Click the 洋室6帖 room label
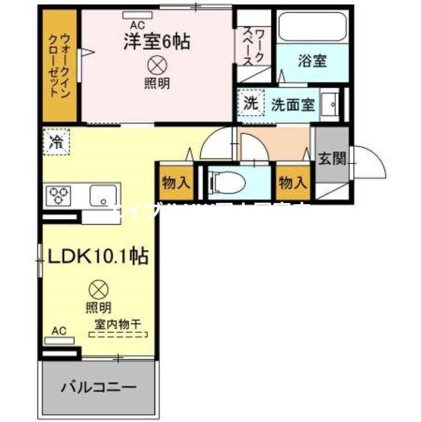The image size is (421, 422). click(x=156, y=42)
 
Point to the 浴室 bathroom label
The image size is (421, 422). click(x=312, y=61)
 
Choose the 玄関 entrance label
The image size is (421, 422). click(x=332, y=158)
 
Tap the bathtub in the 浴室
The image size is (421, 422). click(x=312, y=29)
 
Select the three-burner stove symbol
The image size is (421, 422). click(x=60, y=196)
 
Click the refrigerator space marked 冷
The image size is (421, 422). click(x=56, y=142)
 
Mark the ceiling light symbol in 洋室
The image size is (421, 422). click(x=156, y=65)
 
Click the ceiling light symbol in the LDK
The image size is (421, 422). click(x=98, y=290)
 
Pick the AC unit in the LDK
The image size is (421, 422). click(x=60, y=340)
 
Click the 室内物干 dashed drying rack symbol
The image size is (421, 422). click(x=119, y=334)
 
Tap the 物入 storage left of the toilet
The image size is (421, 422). click(x=175, y=183)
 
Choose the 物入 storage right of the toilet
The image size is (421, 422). click(x=292, y=183)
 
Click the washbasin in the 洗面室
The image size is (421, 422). click(x=331, y=104)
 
